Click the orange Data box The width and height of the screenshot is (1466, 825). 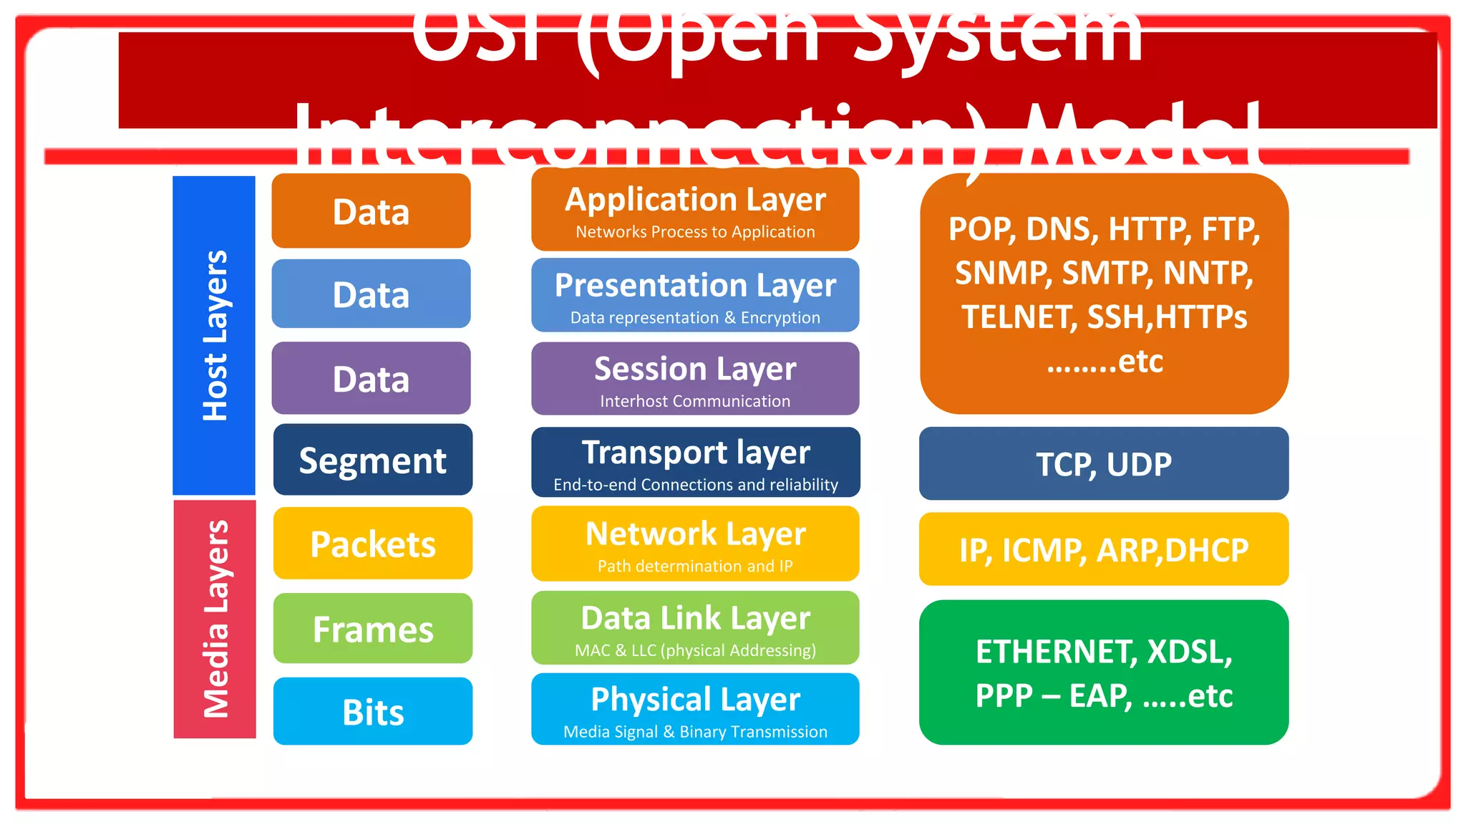(x=371, y=211)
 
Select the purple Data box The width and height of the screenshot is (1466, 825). (x=371, y=378)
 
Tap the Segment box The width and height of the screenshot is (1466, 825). (x=372, y=460)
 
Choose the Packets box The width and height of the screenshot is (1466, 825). (x=372, y=544)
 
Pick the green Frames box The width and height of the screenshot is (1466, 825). (x=372, y=629)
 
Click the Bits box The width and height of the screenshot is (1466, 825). (x=372, y=712)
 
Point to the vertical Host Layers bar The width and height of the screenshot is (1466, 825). (x=214, y=335)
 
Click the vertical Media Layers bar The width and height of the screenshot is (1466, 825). (x=215, y=619)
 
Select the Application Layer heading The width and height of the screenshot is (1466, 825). (x=695, y=200)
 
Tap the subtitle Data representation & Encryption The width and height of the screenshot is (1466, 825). (x=695, y=318)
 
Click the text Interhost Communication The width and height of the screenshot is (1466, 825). (x=695, y=402)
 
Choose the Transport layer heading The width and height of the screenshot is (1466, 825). (x=695, y=453)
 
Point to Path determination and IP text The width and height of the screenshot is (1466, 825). (x=695, y=566)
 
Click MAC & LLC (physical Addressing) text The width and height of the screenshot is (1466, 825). (x=695, y=650)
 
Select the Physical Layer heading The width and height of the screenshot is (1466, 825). (x=695, y=700)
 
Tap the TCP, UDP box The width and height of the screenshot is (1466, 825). (x=1104, y=464)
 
